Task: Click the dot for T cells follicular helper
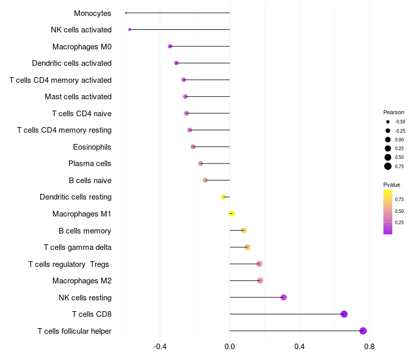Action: click(x=363, y=331)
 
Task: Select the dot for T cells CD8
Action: click(x=344, y=314)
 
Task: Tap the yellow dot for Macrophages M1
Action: click(x=232, y=214)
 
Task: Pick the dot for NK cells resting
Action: click(x=284, y=297)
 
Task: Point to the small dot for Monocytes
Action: click(x=126, y=13)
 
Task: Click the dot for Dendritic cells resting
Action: click(x=223, y=197)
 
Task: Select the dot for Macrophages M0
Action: click(x=170, y=46)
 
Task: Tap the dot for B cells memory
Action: click(x=244, y=230)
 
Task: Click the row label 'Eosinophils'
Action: click(x=92, y=147)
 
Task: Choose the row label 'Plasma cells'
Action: click(x=89, y=164)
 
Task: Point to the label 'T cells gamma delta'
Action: click(x=78, y=247)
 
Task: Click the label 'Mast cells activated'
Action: click(x=78, y=97)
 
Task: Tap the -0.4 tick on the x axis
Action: click(x=160, y=347)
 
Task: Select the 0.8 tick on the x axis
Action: click(x=369, y=347)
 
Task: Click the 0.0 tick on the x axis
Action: click(x=230, y=347)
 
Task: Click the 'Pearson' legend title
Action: click(x=394, y=112)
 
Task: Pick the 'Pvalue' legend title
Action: click(x=391, y=185)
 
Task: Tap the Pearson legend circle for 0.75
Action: click(x=388, y=166)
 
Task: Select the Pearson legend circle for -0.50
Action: click(x=388, y=122)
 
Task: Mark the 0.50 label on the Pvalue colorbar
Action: click(x=399, y=211)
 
